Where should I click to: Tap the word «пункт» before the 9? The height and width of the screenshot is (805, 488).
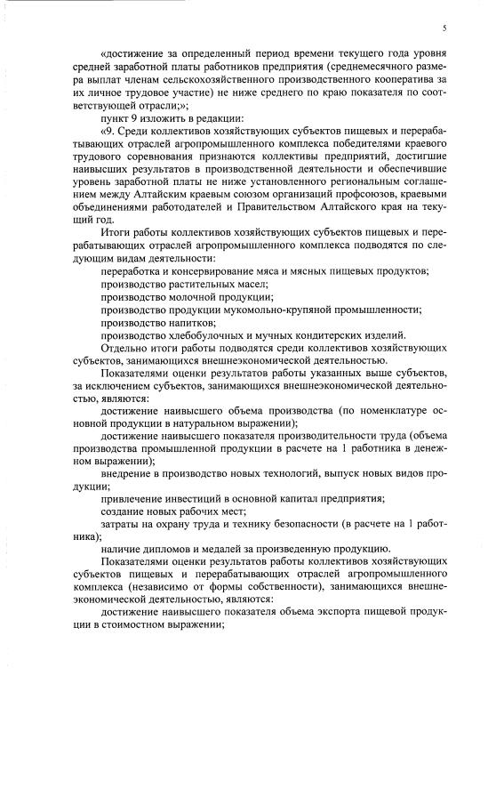pos(115,121)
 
